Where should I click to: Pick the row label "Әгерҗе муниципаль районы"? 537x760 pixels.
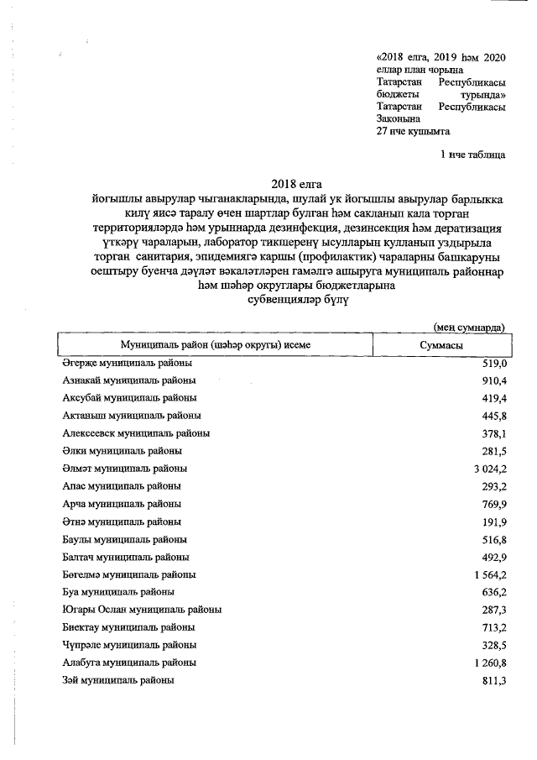coord(127,363)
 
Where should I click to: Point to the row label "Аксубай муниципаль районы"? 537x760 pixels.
coord(130,398)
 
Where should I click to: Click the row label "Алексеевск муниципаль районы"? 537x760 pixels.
coord(136,433)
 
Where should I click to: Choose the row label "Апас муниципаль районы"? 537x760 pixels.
coord(122,486)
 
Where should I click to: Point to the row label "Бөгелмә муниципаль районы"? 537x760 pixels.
coord(129,574)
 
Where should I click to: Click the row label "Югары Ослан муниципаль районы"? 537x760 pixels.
coord(142,610)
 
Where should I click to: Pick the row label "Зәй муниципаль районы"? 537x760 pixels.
coord(118,680)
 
